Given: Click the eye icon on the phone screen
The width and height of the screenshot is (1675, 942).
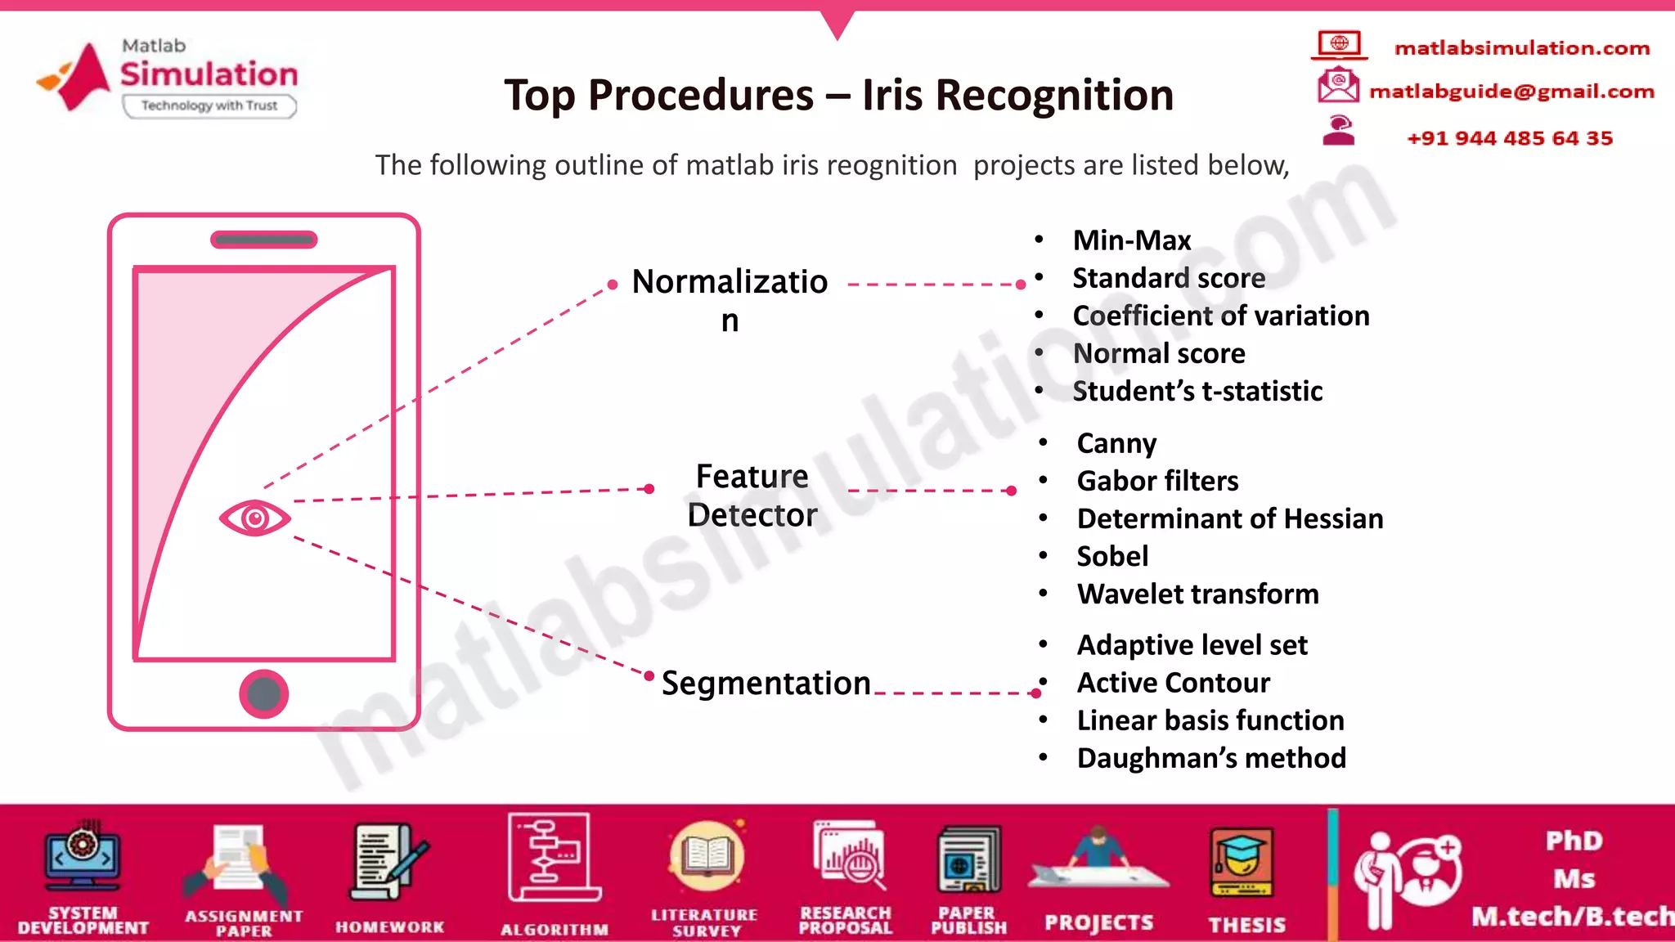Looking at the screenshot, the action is (x=254, y=518).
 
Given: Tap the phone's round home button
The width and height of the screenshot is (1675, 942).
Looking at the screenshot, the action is (x=263, y=694).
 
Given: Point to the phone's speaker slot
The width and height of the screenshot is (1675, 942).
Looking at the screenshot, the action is (x=263, y=240).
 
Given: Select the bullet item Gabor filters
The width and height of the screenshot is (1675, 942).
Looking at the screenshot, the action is (x=1157, y=481).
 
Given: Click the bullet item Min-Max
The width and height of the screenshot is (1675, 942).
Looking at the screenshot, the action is (x=1131, y=240).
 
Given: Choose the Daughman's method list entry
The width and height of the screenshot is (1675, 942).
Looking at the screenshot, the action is (x=1210, y=758).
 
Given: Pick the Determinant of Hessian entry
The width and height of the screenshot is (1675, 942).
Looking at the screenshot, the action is (x=1229, y=518).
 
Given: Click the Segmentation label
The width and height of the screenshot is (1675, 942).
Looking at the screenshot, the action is (x=766, y=683).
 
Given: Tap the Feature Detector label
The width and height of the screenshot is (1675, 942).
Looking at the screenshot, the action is (x=752, y=496).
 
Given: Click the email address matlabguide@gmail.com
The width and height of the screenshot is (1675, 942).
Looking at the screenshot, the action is (x=1511, y=91).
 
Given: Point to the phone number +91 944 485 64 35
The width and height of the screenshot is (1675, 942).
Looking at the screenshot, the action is (x=1510, y=138).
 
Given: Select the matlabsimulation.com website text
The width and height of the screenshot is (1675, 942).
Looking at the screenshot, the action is (x=1521, y=48).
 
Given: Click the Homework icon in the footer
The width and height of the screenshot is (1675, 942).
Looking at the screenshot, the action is (x=389, y=863).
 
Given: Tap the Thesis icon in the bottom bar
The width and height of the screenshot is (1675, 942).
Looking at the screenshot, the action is (x=1242, y=863).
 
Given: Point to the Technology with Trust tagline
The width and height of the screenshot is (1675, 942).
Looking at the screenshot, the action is (x=209, y=105).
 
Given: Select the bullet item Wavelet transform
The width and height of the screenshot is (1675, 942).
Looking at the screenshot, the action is (x=1197, y=594).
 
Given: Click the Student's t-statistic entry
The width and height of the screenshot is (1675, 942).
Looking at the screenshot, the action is (x=1197, y=391).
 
